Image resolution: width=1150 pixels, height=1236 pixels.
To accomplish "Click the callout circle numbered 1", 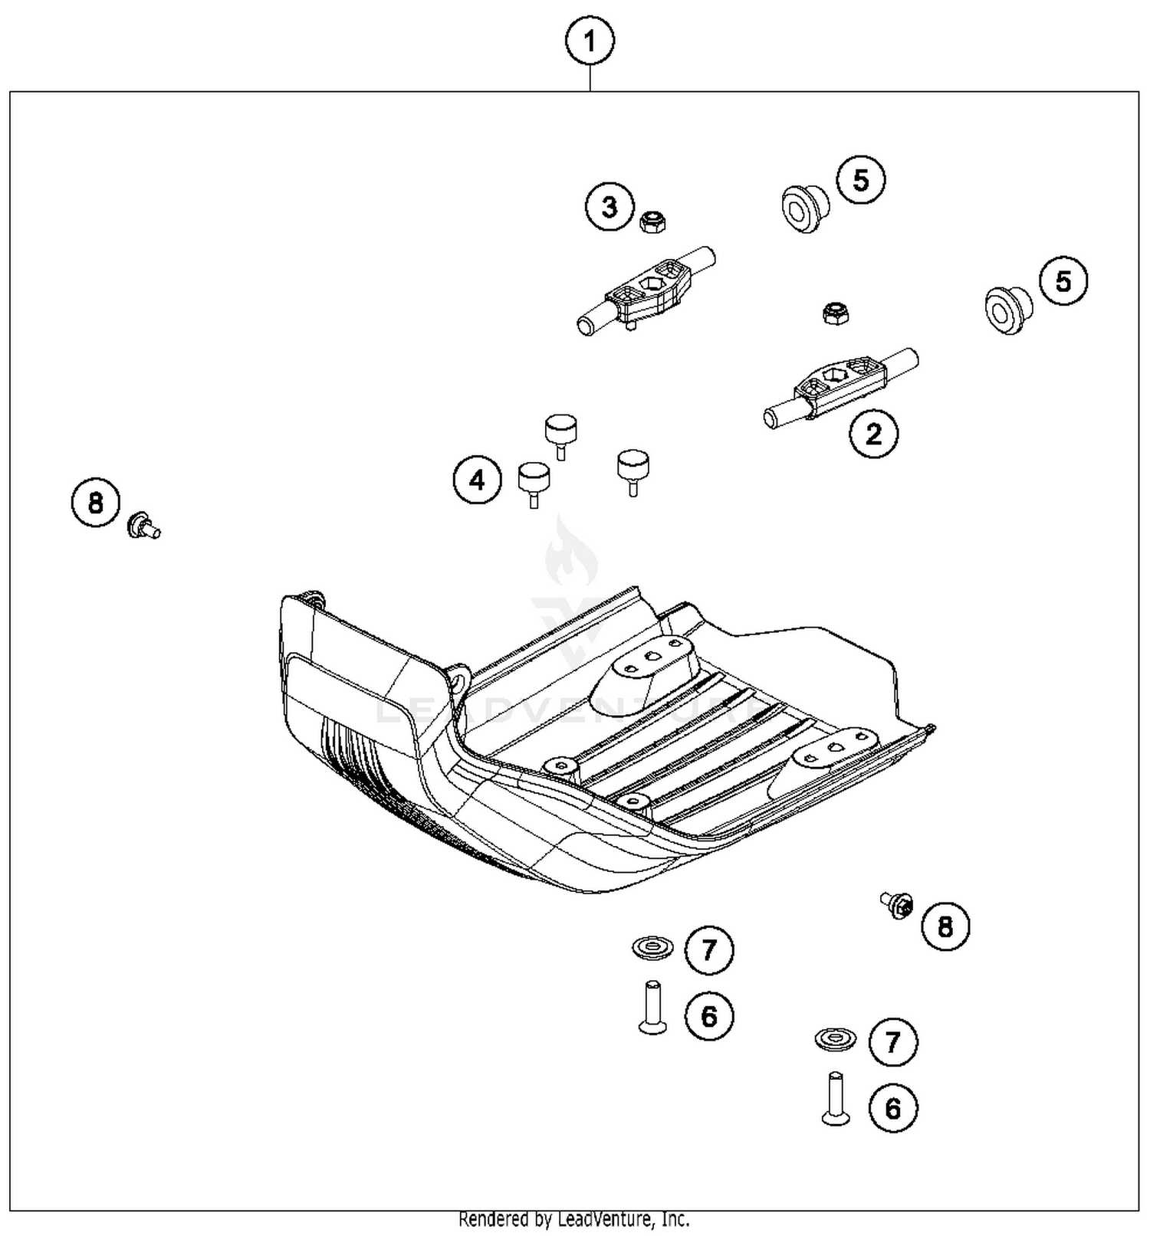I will click(x=590, y=41).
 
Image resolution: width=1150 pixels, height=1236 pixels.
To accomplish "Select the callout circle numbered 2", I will click(x=873, y=434).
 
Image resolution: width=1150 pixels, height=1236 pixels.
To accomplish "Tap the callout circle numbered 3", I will click(x=610, y=207).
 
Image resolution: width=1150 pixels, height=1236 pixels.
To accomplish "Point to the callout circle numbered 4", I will click(x=477, y=480).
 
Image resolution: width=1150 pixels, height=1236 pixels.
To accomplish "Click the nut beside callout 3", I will click(x=652, y=222).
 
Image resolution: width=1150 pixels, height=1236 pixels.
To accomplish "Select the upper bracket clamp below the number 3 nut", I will click(x=646, y=290).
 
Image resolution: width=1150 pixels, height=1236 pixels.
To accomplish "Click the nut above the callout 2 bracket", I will click(x=835, y=313).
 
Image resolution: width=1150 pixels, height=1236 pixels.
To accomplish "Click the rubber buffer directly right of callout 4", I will click(x=534, y=483).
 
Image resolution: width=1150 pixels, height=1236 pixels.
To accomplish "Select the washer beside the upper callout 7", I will click(x=652, y=949).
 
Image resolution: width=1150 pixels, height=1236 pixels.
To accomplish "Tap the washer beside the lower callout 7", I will click(x=835, y=1040).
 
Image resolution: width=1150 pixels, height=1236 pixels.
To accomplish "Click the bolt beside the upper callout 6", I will click(x=652, y=1007).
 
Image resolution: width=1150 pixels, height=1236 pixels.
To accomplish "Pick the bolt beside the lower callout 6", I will click(x=835, y=1098).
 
